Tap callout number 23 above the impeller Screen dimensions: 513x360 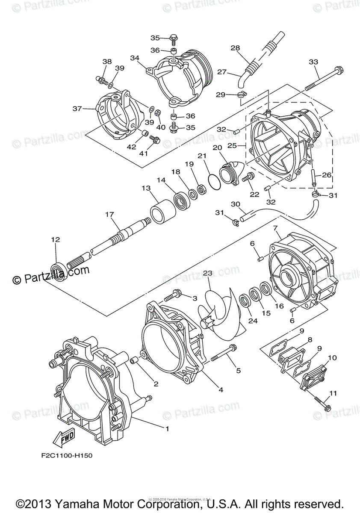pyautogui.click(x=208, y=273)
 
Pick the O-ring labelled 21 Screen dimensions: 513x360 pyautogui.click(x=213, y=183)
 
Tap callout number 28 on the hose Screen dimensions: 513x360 pyautogui.click(x=235, y=48)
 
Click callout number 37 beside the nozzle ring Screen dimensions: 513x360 pyautogui.click(x=77, y=109)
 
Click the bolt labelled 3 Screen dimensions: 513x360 pyautogui.click(x=173, y=294)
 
